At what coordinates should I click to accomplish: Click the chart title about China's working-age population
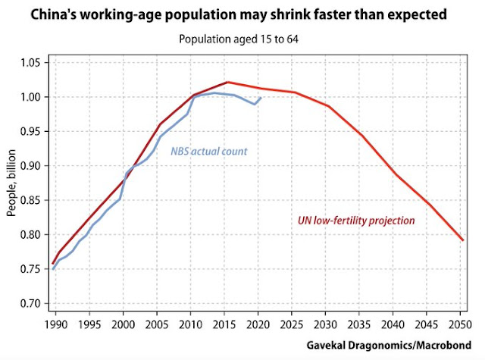pos(242,15)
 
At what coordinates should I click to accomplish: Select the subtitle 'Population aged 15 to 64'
pos(242,39)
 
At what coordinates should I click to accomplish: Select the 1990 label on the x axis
pos(53,323)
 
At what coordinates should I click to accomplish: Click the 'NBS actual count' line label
pos(209,152)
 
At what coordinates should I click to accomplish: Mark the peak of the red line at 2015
pos(228,82)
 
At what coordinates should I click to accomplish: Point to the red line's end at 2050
pos(462,240)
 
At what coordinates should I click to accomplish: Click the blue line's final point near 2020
pos(261,97)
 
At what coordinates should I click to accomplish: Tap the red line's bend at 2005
pos(160,124)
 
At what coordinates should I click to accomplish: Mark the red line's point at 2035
pos(362,135)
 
